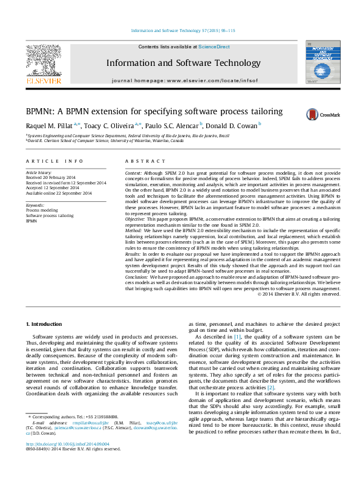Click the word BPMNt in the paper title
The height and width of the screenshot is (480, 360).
click(x=39, y=112)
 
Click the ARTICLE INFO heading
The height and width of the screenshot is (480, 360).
click(x=54, y=161)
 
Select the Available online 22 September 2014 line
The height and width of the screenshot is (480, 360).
click(x=58, y=193)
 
